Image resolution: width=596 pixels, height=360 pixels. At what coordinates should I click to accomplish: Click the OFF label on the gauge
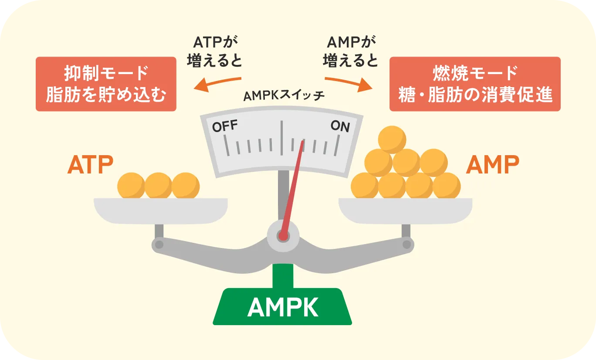pos(225,126)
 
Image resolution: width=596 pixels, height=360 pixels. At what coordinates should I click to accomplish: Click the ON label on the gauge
pos(340,126)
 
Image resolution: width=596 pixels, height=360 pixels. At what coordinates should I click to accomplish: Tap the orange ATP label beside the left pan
pos(90,165)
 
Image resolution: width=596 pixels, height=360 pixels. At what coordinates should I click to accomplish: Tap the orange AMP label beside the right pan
pos(492,165)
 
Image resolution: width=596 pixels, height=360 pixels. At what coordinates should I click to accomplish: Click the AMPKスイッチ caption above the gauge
pos(284,96)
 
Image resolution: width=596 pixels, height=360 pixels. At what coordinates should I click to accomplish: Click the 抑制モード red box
pos(106,84)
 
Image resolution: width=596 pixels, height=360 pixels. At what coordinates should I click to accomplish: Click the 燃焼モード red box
pos(474,84)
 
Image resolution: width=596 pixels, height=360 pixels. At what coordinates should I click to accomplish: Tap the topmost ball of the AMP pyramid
pos(392,139)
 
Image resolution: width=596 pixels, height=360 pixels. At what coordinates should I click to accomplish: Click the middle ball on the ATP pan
pos(159,186)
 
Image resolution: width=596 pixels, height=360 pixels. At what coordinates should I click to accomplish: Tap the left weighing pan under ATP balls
pos(161,211)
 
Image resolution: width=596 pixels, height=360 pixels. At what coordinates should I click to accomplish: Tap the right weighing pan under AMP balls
pos(405,211)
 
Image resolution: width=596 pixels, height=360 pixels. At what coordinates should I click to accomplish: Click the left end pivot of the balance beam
pos(159,244)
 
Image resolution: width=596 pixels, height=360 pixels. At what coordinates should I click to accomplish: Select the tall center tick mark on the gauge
pos(282,136)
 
